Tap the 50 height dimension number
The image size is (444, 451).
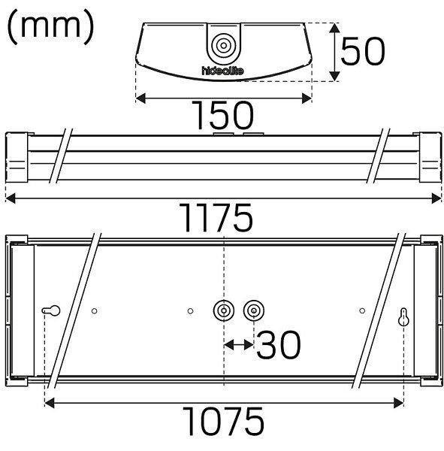tap(363, 51)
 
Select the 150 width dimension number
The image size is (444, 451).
tap(223, 115)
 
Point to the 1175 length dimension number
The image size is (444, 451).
tap(216, 217)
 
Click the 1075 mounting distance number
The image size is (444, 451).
tap(223, 421)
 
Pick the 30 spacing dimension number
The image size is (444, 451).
tap(279, 344)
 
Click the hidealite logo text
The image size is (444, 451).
tap(222, 71)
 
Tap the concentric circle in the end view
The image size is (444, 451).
tap(223, 45)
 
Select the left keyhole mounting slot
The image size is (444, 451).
tap(51, 310)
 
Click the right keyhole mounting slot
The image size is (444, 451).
tap(403, 317)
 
